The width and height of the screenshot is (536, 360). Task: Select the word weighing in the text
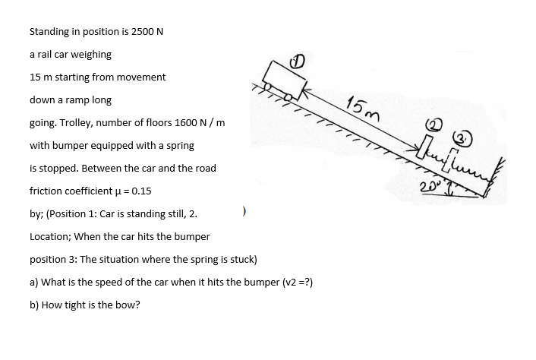[92, 55]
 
